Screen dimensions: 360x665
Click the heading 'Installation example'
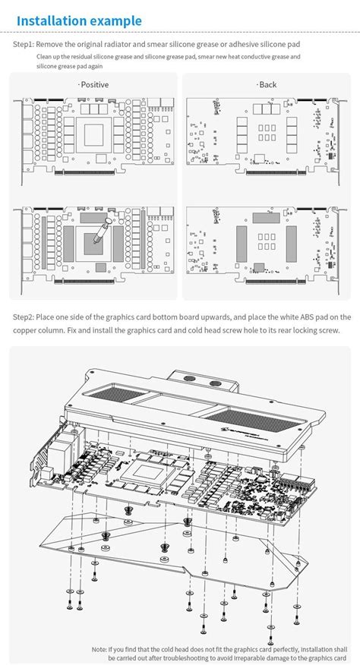79,20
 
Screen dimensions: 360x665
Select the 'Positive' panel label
94,84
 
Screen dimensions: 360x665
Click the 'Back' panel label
267,84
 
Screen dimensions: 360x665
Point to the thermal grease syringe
102,231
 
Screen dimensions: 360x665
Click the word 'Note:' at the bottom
99,649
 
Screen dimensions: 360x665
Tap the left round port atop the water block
190,379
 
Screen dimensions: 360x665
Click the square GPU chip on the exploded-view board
149,473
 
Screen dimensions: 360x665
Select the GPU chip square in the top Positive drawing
94,135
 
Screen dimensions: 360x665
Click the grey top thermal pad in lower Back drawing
266,218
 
